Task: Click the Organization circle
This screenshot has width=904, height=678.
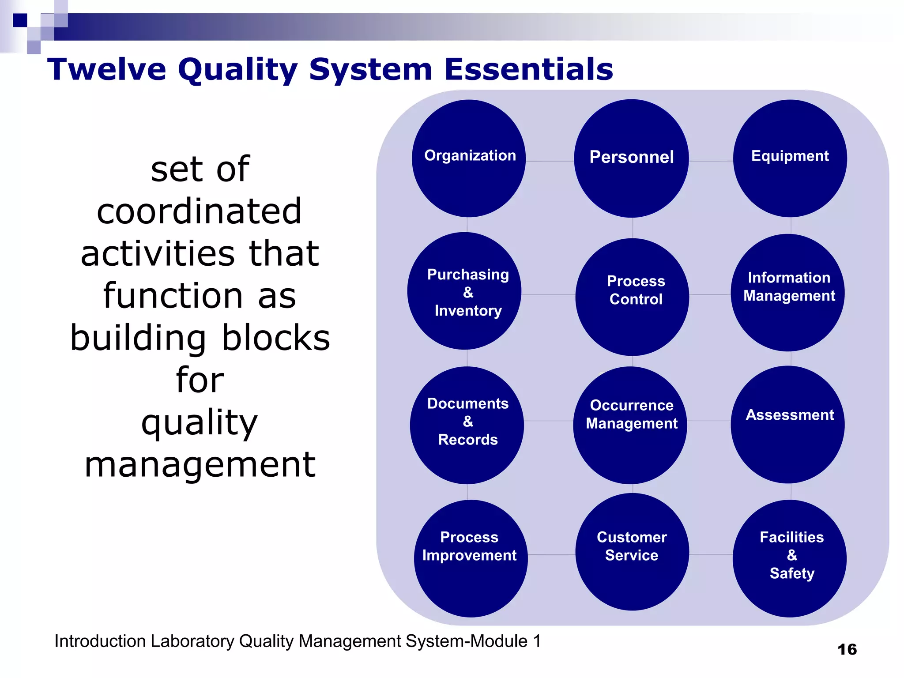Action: click(x=468, y=158)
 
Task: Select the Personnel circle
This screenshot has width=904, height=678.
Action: click(x=631, y=158)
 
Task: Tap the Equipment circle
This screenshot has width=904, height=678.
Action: click(x=790, y=158)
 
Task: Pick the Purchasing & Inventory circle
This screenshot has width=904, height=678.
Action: click(x=464, y=291)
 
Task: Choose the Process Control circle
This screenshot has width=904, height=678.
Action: click(x=632, y=297)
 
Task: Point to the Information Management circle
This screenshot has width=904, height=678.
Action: click(x=788, y=293)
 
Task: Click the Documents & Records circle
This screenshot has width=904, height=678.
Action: click(x=467, y=425)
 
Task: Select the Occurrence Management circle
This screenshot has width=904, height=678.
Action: click(x=630, y=425)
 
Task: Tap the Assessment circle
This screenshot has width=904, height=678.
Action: click(x=788, y=424)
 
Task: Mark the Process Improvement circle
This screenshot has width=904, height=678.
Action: click(x=471, y=558)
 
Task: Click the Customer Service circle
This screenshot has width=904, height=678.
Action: click(x=632, y=552)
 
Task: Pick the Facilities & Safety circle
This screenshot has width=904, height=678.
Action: click(x=790, y=558)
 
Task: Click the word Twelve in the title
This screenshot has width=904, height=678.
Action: click(x=107, y=69)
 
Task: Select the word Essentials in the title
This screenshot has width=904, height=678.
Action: click(x=528, y=69)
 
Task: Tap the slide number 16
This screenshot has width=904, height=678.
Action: click(x=847, y=649)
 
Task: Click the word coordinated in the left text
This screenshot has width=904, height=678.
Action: click(x=199, y=211)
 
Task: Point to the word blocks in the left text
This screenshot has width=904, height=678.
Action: click(x=276, y=338)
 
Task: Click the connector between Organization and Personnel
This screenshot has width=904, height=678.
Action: click(x=550, y=161)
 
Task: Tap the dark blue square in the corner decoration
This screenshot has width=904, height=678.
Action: click(x=19, y=20)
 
